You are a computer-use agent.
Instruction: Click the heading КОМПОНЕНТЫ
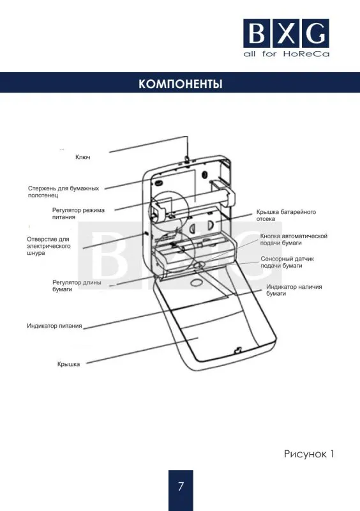pyautogui.click(x=180, y=84)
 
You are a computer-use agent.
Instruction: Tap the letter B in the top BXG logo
pyautogui.click(x=257, y=34)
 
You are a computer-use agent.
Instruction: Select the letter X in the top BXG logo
pyautogui.click(x=287, y=34)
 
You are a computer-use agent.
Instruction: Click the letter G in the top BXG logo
pyautogui.click(x=315, y=34)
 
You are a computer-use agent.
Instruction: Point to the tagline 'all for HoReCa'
pyautogui.click(x=287, y=54)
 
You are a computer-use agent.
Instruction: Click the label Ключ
pyautogui.click(x=83, y=157)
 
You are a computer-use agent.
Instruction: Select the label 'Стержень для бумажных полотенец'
pyautogui.click(x=63, y=192)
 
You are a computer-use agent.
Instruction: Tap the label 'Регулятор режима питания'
pyautogui.click(x=78, y=213)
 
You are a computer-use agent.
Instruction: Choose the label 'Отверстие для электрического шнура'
pyautogui.click(x=49, y=246)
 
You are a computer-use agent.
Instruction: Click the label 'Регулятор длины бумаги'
pyautogui.click(x=77, y=286)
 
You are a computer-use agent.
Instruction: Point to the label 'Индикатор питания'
pyautogui.click(x=54, y=326)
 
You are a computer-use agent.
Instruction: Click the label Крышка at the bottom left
pyautogui.click(x=68, y=364)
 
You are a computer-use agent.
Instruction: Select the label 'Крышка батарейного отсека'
pyautogui.click(x=286, y=215)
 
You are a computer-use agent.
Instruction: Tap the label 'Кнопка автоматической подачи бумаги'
pyautogui.click(x=294, y=240)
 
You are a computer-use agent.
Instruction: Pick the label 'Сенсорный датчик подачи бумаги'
pyautogui.click(x=287, y=262)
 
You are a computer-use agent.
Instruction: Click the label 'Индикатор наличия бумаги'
pyautogui.click(x=294, y=290)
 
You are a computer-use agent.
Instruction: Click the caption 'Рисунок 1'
pyautogui.click(x=309, y=454)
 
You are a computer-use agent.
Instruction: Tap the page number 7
pyautogui.click(x=181, y=486)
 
